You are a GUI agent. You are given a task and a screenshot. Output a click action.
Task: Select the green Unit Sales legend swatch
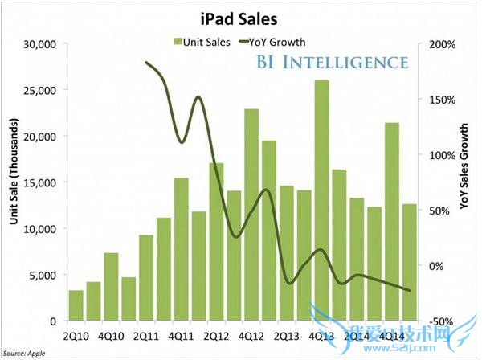[x=178, y=42]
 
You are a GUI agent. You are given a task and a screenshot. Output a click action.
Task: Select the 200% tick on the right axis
[x=445, y=44]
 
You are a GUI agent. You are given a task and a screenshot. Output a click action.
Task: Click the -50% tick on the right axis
[x=445, y=321]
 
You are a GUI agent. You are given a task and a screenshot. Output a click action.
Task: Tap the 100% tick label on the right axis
[x=445, y=155]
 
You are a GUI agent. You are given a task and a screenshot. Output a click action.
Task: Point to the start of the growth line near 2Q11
[x=146, y=62]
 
